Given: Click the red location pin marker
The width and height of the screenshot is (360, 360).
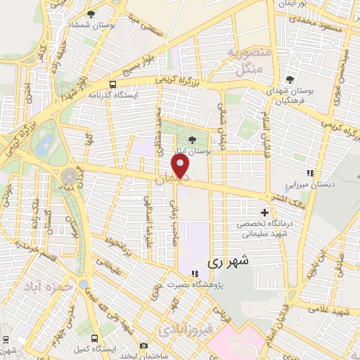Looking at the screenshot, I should [x=181, y=166].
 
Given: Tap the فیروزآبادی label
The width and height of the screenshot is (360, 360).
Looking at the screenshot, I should [x=184, y=328].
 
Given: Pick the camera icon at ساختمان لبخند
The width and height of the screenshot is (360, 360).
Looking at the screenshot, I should [x=143, y=345].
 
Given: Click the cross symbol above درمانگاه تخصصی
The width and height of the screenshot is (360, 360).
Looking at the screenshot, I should [x=264, y=212].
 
